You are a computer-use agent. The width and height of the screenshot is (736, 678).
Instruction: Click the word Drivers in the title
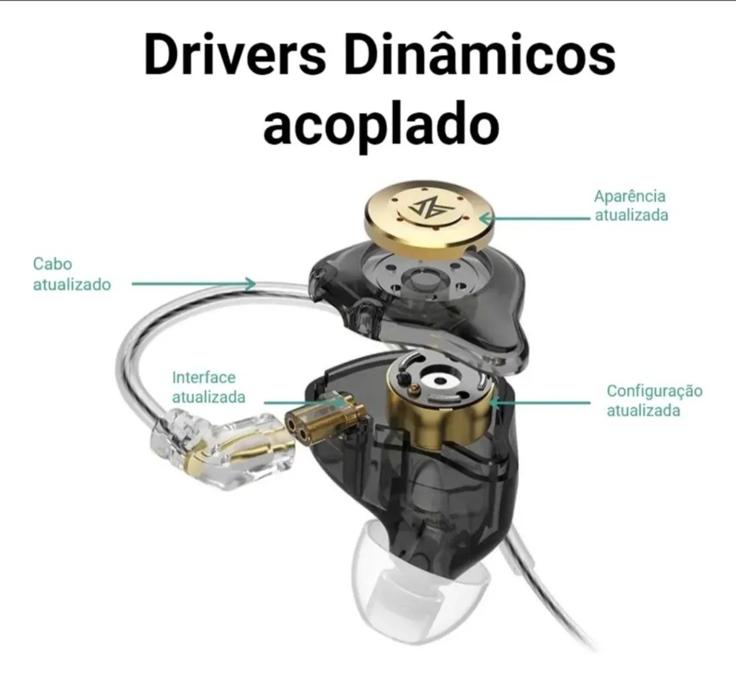pyautogui.click(x=235, y=54)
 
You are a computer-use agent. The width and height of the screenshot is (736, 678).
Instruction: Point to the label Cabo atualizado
pyautogui.click(x=72, y=274)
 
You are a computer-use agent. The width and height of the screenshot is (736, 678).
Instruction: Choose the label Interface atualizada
pyautogui.click(x=209, y=387)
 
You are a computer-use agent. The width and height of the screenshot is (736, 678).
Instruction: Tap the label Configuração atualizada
pyautogui.click(x=654, y=401)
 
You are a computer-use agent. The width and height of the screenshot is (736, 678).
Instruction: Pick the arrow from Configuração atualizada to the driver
pyautogui.click(x=541, y=402)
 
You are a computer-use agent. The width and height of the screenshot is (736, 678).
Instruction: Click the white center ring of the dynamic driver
pyautogui.click(x=439, y=382)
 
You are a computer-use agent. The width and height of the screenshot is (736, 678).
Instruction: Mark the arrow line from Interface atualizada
pyautogui.click(x=304, y=403)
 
